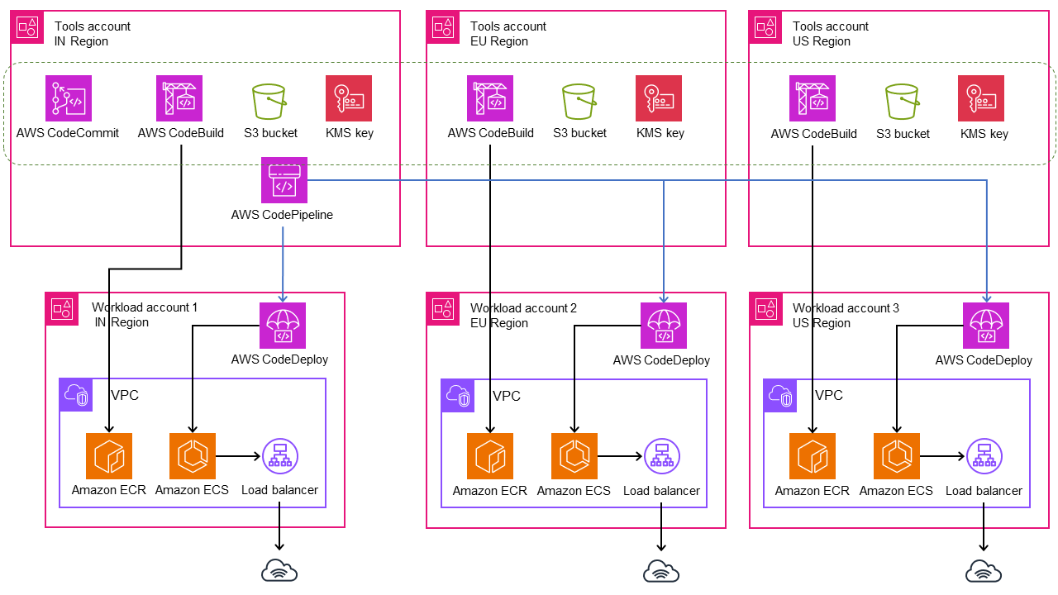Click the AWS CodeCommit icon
[69, 98]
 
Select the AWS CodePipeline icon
[284, 180]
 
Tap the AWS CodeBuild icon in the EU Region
[490, 98]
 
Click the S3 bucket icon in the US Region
[903, 102]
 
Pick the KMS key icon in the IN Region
[349, 98]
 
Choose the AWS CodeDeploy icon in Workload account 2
[663, 326]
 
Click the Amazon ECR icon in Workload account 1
[108, 456]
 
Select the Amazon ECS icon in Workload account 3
[897, 456]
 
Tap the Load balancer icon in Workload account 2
[661, 456]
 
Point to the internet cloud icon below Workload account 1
[279, 569]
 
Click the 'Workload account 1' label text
[145, 307]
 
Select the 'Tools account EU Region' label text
[508, 34]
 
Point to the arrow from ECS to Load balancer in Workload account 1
[238, 455]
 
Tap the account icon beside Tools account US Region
[765, 27]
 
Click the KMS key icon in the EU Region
[659, 98]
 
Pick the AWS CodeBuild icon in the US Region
[813, 98]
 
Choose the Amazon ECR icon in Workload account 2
[490, 456]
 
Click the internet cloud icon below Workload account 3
[984, 569]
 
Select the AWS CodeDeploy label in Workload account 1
[279, 359]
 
